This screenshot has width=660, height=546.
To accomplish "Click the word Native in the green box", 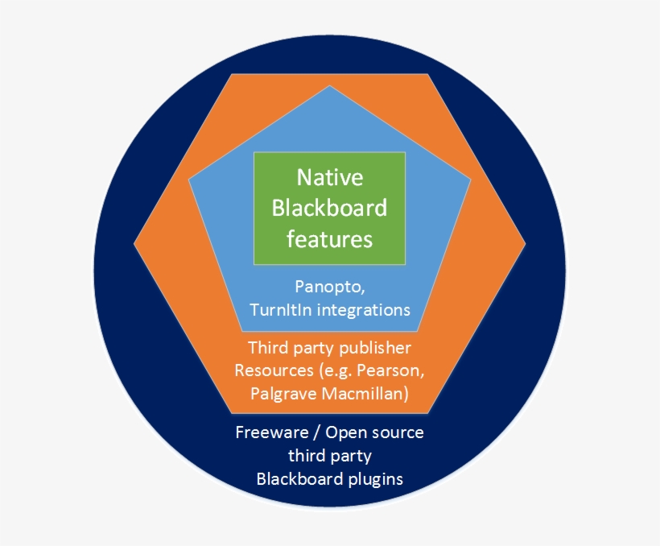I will click(x=330, y=177).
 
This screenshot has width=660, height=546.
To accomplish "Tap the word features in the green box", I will click(x=330, y=239).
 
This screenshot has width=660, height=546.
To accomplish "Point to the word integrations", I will click(x=361, y=309).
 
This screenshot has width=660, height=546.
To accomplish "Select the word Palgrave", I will click(x=284, y=394).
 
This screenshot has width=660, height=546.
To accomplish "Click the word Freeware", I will click(x=270, y=432).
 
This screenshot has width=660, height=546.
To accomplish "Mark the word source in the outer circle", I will click(x=397, y=432).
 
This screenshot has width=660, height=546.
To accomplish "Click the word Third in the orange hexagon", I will click(x=270, y=348).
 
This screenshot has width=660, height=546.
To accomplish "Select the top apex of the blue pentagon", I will click(x=330, y=86).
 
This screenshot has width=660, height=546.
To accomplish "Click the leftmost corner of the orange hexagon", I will click(x=134, y=242).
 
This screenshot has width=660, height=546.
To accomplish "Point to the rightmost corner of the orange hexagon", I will click(x=525, y=242).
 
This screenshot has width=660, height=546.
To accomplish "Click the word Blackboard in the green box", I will click(x=330, y=208).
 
